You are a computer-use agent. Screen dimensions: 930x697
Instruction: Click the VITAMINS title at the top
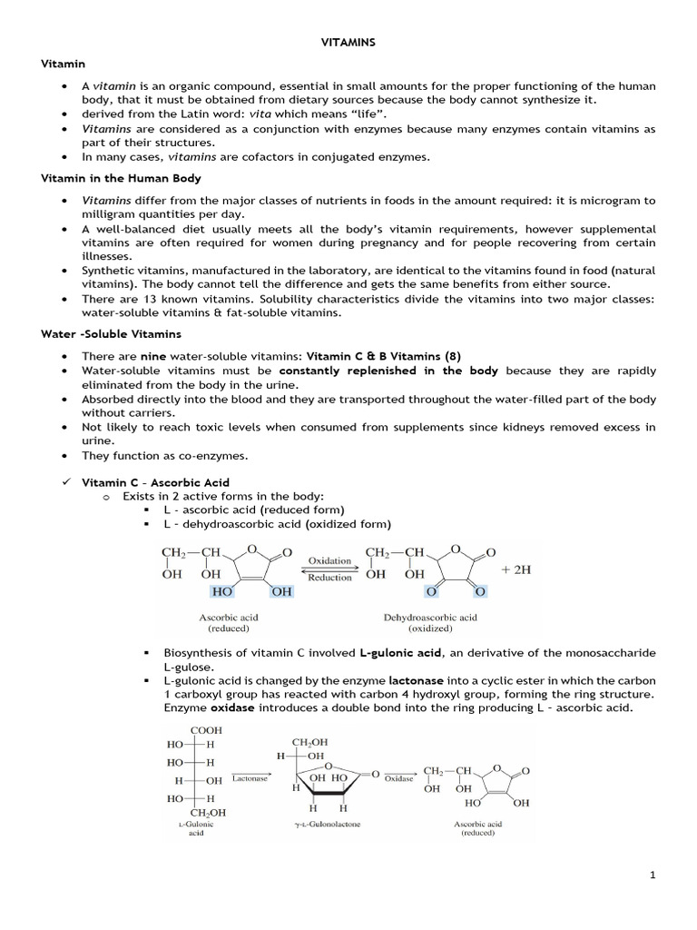[x=348, y=43]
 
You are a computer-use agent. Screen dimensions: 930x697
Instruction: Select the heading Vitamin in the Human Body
[x=121, y=178]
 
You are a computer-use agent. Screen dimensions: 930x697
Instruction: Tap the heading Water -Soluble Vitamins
[x=98, y=335]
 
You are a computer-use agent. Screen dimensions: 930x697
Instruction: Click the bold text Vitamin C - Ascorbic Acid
[x=155, y=482]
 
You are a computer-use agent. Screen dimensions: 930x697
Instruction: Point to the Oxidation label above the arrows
[x=329, y=560]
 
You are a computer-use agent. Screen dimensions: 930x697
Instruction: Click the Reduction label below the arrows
[x=329, y=578]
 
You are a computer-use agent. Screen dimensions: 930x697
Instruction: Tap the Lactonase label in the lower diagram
[x=250, y=778]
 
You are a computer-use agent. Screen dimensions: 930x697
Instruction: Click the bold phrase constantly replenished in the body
[x=389, y=371]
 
